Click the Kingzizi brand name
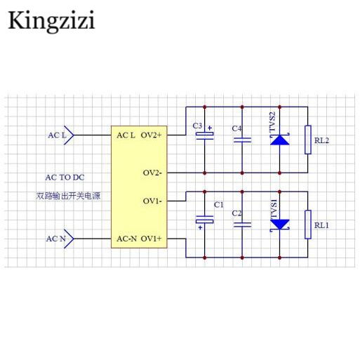click(x=51, y=21)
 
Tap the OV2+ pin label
click(x=151, y=135)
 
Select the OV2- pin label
click(x=152, y=173)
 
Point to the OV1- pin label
click(x=152, y=201)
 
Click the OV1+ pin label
click(x=151, y=239)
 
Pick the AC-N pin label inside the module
click(x=126, y=239)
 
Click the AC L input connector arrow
click(x=69, y=135)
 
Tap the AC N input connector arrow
click(x=69, y=239)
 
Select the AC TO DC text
click(x=65, y=178)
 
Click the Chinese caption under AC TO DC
click(x=68, y=196)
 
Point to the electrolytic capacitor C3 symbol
click(x=205, y=136)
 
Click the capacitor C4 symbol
click(x=242, y=140)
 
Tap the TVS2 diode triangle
click(x=280, y=140)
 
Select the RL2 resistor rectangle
click(x=308, y=140)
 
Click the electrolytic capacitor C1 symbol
click(x=205, y=220)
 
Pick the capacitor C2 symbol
click(x=242, y=225)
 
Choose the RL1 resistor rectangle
click(x=308, y=225)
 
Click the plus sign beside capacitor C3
click(x=210, y=128)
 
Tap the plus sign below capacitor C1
click(x=200, y=227)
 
